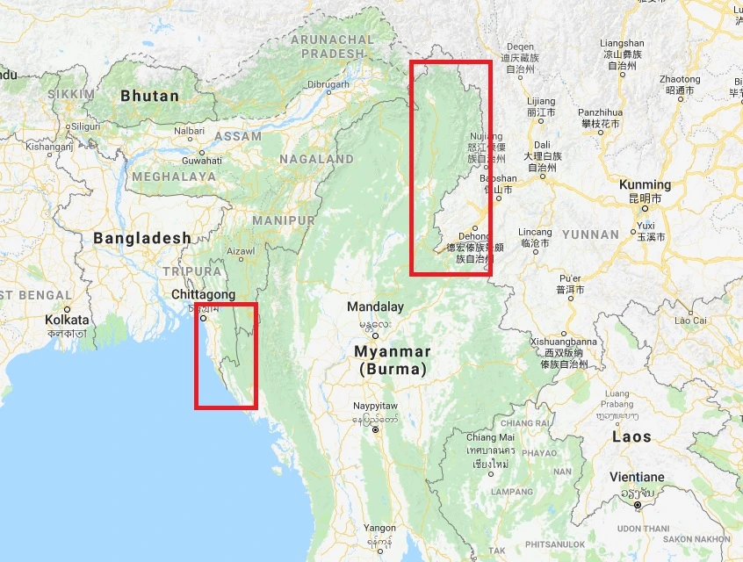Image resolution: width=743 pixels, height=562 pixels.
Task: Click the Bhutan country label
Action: (x=149, y=96)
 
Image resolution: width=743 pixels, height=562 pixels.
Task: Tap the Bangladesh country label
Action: (x=142, y=238)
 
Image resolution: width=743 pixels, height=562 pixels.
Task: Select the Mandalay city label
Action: (x=375, y=307)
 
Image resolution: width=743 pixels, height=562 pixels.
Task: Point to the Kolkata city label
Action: (x=67, y=321)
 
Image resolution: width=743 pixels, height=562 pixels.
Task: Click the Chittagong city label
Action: (x=204, y=294)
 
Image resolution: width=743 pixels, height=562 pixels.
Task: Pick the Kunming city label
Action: (x=645, y=185)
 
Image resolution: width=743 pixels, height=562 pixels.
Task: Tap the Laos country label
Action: (x=632, y=436)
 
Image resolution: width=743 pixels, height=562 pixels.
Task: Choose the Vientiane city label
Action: (x=637, y=477)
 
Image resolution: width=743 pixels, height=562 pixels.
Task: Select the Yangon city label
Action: (x=379, y=529)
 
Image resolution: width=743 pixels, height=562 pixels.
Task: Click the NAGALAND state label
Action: (x=316, y=160)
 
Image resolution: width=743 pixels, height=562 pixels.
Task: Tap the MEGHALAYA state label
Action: (x=174, y=177)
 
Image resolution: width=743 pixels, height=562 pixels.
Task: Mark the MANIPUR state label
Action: (x=283, y=220)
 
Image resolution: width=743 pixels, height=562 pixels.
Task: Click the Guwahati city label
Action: (x=201, y=161)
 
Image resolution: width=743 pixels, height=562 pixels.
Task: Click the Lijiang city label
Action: (x=540, y=102)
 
